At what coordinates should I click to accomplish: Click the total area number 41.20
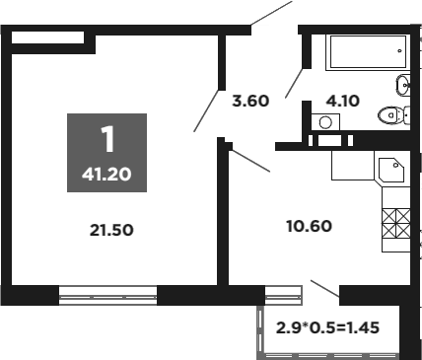107,179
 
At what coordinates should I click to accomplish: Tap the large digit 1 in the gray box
106,139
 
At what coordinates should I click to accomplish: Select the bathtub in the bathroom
366,52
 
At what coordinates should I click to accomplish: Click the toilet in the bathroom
392,114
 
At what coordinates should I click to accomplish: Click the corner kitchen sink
390,169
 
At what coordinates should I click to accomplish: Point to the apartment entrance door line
271,14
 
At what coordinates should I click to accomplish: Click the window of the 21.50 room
107,292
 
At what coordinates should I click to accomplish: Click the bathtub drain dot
398,46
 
